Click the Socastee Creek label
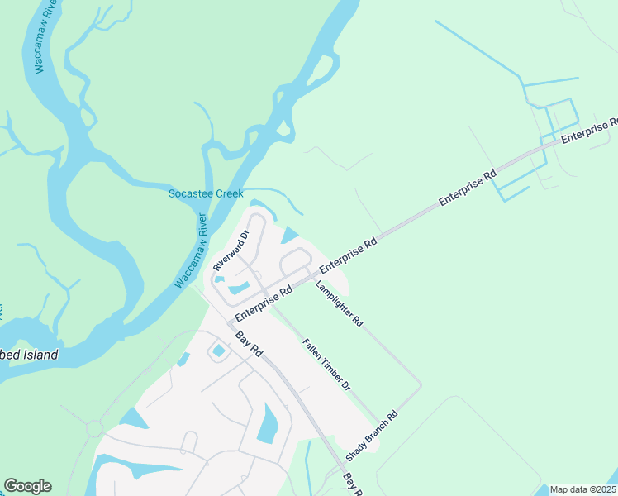point(205,193)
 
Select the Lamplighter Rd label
point(339,302)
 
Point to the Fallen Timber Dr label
point(326,365)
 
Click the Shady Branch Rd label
point(372,436)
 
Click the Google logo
point(27,486)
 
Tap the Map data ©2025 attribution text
point(582,489)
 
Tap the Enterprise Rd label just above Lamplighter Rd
point(348,255)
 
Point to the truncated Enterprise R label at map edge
point(590,131)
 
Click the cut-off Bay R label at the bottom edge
point(353,486)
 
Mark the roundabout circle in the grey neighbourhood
point(94,428)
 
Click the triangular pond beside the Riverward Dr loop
point(289,236)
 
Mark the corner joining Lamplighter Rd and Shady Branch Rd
point(421,385)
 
